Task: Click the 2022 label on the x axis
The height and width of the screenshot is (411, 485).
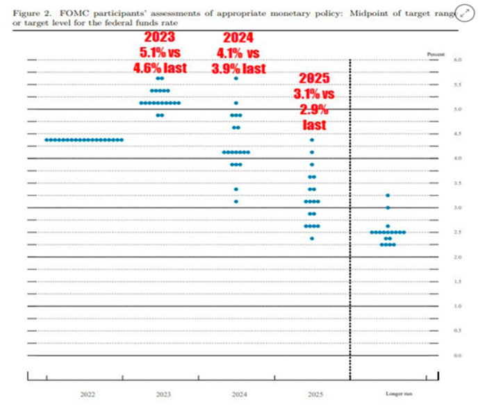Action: pyautogui.click(x=88, y=394)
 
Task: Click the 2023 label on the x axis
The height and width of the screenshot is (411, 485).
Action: pyautogui.click(x=163, y=394)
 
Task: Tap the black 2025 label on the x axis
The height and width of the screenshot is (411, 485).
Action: pyautogui.click(x=312, y=394)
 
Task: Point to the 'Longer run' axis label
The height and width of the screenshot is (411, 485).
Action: pyautogui.click(x=394, y=394)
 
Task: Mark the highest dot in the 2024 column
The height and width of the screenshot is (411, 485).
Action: pyautogui.click(x=236, y=78)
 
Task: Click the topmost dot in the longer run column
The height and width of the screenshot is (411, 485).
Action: pyautogui.click(x=388, y=196)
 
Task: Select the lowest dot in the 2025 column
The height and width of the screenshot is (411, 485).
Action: pyautogui.click(x=312, y=238)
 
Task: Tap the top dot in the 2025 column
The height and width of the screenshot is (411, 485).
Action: pyautogui.click(x=312, y=140)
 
